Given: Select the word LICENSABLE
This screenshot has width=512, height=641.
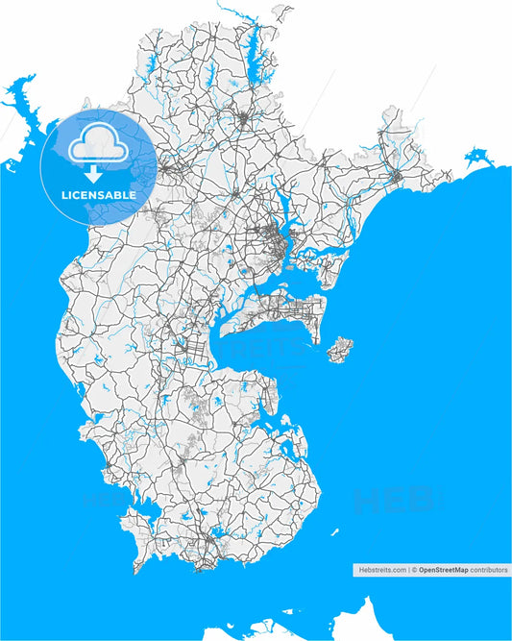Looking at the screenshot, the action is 99,195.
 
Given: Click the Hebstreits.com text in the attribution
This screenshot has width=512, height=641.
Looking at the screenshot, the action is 381,570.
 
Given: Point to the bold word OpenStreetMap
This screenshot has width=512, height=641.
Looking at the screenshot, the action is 443,570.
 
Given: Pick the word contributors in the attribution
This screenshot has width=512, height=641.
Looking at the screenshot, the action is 489,570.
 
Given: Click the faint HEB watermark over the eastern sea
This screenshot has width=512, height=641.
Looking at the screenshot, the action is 394,500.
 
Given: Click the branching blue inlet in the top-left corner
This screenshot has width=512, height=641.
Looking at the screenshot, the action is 21,101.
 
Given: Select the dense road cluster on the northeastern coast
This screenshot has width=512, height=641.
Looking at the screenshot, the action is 396,177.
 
